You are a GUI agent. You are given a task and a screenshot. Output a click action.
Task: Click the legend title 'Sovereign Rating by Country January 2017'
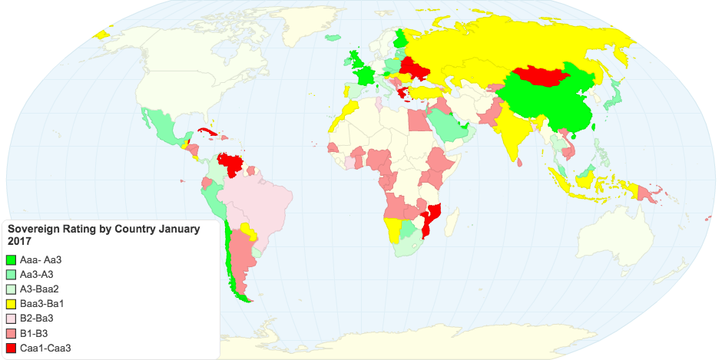[103, 235]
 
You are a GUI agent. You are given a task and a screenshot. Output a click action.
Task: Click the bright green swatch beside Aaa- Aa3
[11, 260]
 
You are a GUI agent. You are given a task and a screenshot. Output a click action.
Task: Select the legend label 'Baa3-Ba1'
[39, 304]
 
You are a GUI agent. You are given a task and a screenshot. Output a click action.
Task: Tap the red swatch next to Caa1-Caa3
[11, 348]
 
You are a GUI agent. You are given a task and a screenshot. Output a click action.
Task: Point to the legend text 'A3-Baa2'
[38, 289]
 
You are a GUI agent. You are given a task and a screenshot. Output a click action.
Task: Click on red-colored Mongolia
[541, 75]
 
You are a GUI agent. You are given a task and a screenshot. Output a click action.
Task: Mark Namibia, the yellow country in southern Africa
[394, 230]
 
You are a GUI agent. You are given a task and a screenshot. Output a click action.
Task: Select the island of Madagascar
[454, 223]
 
